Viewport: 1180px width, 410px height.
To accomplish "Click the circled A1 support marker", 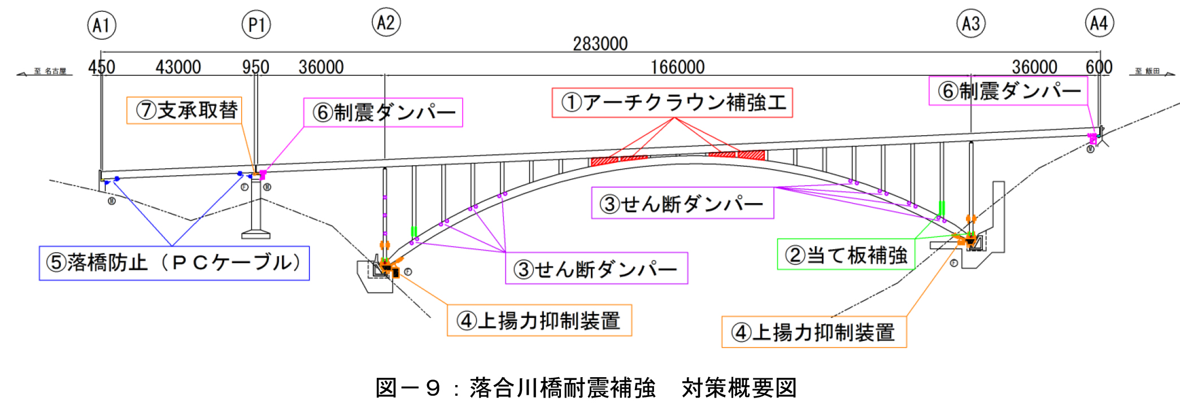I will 102,25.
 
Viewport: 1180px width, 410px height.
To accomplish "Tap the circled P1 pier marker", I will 256,25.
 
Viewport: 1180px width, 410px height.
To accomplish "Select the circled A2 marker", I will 386,23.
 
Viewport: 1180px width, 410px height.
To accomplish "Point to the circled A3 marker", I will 970,24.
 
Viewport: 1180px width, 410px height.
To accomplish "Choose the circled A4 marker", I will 1099,23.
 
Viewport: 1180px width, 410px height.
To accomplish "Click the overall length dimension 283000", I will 600,44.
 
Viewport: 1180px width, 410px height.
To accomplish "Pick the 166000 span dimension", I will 677,67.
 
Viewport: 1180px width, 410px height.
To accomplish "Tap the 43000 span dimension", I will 178,67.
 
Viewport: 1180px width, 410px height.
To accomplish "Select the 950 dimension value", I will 255,67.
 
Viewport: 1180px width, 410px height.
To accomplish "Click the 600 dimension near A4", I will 1099,67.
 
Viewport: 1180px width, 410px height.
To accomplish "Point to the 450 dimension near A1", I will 102,67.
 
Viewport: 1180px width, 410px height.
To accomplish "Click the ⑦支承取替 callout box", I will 185,110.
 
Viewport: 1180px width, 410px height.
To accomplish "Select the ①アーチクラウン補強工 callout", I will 672,103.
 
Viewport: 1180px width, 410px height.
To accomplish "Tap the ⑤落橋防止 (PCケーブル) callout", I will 174,263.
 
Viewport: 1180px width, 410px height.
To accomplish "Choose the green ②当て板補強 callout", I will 846,255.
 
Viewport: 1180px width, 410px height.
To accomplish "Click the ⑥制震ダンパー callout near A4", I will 1008,91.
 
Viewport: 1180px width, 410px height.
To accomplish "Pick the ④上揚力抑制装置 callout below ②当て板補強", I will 814,332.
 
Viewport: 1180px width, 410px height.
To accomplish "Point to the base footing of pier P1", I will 256,234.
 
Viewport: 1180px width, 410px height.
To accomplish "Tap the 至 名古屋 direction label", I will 50,71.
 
